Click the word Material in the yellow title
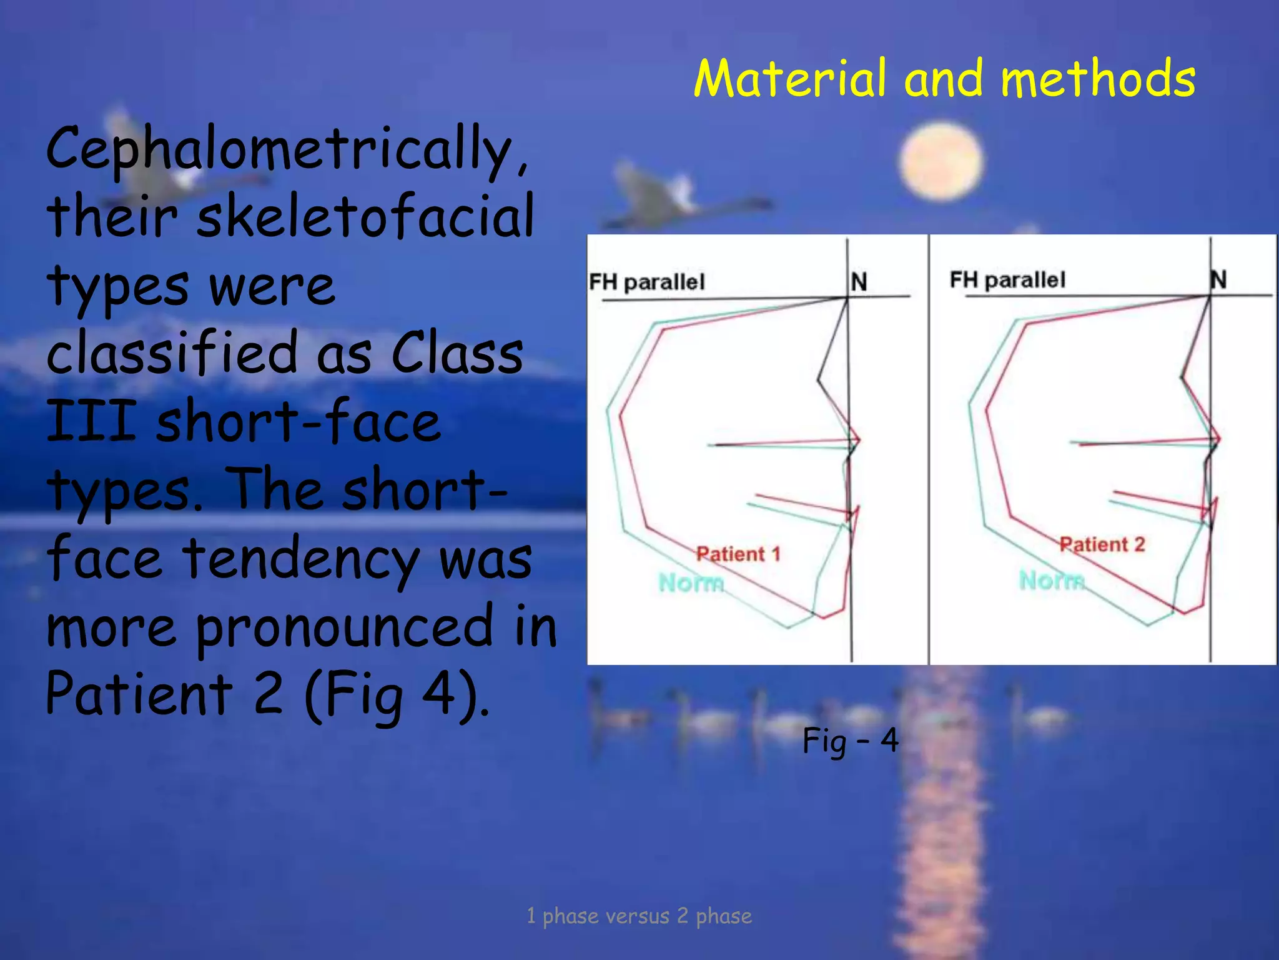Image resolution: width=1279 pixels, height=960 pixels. coord(789,79)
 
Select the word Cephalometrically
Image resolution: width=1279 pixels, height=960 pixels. coord(287,150)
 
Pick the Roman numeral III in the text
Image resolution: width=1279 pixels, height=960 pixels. coord(91,421)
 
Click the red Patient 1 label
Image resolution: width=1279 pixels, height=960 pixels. coord(738,554)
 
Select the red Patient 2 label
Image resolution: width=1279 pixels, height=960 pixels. coord(1102,544)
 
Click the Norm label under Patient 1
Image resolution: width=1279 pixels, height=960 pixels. coord(691,582)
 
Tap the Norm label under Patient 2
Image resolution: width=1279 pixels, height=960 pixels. coord(1052,580)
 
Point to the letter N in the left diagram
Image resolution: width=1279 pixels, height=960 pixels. coord(859,282)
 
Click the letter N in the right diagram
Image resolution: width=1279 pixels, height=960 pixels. coord(1218,279)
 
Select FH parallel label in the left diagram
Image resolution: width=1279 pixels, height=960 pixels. coord(646,282)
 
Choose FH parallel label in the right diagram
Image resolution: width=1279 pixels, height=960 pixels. coord(1007,279)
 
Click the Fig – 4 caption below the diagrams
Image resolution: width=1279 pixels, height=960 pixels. coord(850,741)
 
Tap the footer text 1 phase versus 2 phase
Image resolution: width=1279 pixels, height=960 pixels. coord(639,916)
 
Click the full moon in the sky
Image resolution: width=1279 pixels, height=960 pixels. coord(941,161)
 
